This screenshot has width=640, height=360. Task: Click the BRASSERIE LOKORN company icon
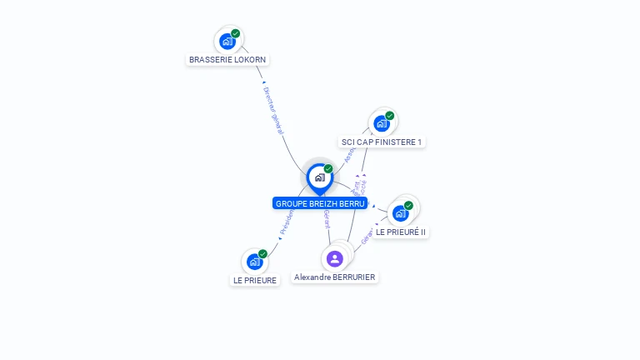(x=227, y=41)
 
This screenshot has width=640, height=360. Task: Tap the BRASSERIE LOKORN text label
(x=227, y=60)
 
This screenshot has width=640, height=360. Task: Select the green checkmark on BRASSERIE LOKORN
(x=236, y=33)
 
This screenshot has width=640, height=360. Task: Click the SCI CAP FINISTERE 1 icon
(x=381, y=123)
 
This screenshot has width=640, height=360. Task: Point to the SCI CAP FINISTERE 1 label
(x=382, y=142)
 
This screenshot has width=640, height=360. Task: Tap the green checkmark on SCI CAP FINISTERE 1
(x=390, y=116)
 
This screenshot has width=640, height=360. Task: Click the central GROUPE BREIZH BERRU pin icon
(x=319, y=177)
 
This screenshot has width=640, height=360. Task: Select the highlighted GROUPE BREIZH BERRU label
(x=319, y=203)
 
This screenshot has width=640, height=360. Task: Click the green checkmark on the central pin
(x=328, y=169)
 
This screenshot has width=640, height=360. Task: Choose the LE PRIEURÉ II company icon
(x=400, y=213)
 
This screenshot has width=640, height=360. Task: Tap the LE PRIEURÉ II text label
(x=401, y=232)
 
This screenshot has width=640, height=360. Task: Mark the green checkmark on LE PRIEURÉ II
(x=408, y=205)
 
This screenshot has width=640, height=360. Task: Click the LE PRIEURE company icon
(x=254, y=262)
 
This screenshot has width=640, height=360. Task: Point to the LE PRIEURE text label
(x=255, y=280)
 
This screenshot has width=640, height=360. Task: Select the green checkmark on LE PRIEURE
(x=262, y=254)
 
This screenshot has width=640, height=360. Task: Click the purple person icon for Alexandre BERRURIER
(x=335, y=258)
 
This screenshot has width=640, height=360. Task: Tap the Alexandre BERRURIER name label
(x=335, y=277)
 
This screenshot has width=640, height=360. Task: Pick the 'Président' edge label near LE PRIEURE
(x=287, y=220)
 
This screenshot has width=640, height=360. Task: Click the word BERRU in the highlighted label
(x=352, y=203)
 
